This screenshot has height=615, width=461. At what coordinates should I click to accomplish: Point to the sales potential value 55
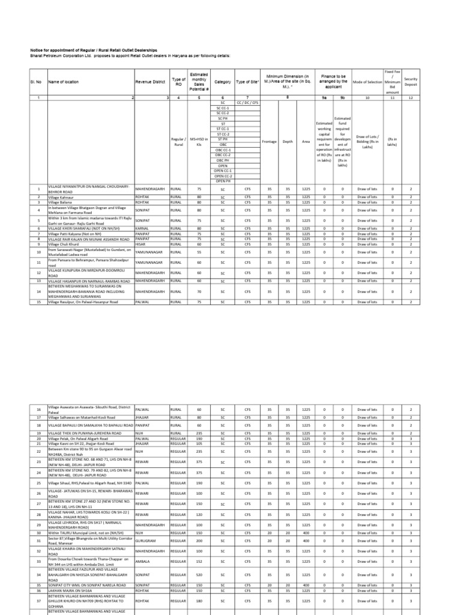click(x=197, y=253)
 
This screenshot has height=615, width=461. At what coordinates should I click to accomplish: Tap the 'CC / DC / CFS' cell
click(x=247, y=102)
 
